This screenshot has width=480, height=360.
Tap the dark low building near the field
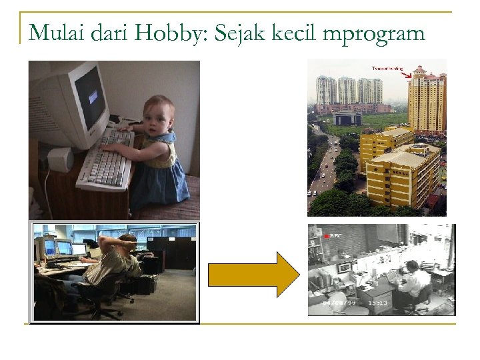pos(347,119)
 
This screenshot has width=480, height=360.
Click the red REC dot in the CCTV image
pos(327,236)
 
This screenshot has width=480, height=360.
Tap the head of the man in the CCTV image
pos(412,266)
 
